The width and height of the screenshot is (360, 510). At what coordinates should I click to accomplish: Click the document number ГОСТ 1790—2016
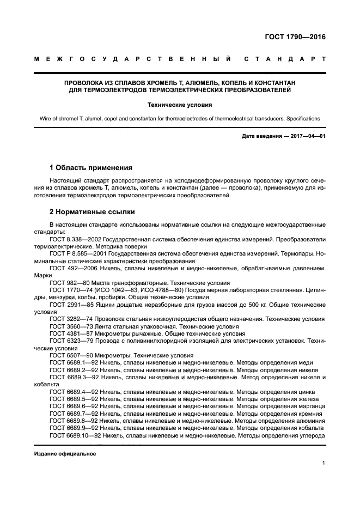(x=291, y=38)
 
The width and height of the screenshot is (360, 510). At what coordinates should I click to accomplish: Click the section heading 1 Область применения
(x=91, y=167)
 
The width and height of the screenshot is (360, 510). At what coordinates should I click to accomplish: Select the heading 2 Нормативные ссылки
(x=92, y=211)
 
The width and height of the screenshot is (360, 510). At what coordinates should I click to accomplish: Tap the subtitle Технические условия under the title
(x=180, y=104)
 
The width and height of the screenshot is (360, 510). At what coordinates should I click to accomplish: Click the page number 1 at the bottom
(x=324, y=463)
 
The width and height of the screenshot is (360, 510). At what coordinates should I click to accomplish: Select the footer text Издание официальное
(x=65, y=453)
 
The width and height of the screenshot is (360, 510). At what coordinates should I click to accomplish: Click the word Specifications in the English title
(x=303, y=118)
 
